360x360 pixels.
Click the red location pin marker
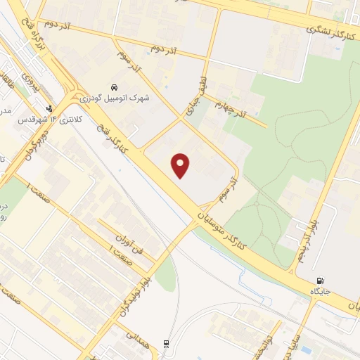[x=181, y=165]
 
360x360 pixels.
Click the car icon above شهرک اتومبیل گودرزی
[x=113, y=88]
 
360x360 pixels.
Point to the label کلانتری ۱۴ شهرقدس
[x=59, y=120]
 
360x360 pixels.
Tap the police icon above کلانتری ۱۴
[x=49, y=109]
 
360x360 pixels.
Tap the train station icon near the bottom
[x=166, y=343]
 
